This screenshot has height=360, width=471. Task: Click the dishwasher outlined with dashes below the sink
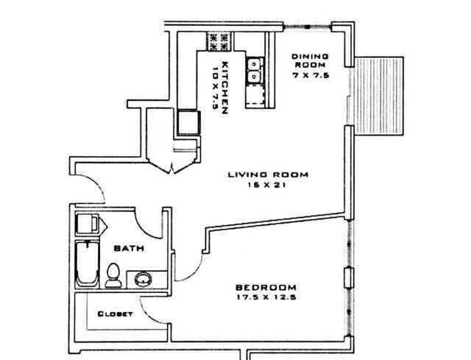[x=255, y=95]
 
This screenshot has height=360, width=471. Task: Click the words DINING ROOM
[x=309, y=61]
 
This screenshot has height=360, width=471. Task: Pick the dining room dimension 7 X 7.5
[x=309, y=76]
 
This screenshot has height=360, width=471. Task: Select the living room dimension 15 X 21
[x=267, y=186]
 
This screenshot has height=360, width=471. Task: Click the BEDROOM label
[x=266, y=287]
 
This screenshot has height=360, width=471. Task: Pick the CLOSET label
[x=115, y=314]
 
